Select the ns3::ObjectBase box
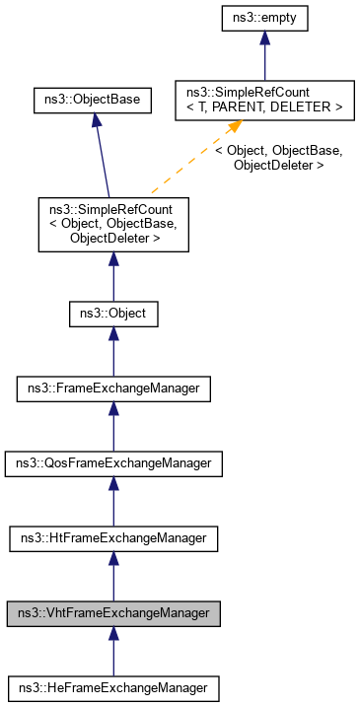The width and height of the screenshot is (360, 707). coord(92,100)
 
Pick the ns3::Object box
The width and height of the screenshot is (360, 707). coord(113,315)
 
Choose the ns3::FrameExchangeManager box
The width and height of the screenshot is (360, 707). coord(113,389)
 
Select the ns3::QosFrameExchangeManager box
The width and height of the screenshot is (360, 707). coord(113,463)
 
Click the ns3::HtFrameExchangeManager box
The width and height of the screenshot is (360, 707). coord(113,538)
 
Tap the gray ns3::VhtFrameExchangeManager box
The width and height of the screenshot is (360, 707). coord(113,612)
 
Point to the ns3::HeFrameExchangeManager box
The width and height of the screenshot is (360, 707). coord(113,687)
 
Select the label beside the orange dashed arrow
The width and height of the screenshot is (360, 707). coord(279,159)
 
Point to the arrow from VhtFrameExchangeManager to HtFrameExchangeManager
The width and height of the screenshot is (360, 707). coord(113,576)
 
